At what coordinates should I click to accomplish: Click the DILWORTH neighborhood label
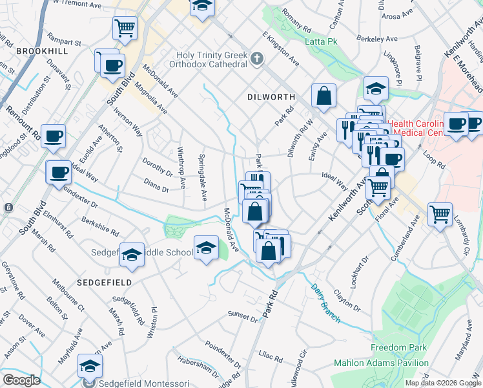click(x=271, y=97)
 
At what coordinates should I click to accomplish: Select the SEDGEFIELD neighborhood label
click(x=104, y=283)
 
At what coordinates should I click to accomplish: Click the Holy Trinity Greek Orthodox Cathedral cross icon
click(x=257, y=59)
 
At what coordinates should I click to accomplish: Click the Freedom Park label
click(x=398, y=347)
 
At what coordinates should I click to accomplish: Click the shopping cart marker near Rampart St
click(x=125, y=28)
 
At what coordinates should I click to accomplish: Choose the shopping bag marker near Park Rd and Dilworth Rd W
click(x=324, y=95)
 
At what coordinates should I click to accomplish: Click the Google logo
click(x=21, y=380)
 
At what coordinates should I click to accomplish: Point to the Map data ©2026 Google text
click(x=443, y=383)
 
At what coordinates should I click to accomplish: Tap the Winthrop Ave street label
click(x=181, y=169)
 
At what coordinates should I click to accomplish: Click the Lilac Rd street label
click(x=270, y=358)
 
